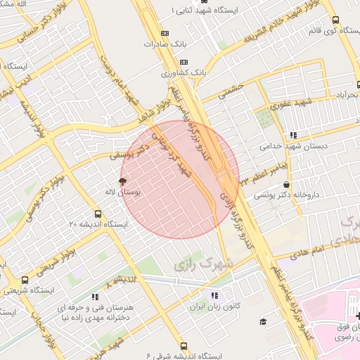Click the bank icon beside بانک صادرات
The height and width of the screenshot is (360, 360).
click(x=165, y=32)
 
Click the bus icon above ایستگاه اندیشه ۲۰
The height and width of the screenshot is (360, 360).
click(x=98, y=214)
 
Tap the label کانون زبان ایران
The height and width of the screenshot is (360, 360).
click(x=214, y=307)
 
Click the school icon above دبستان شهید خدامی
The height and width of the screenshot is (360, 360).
click(x=293, y=136)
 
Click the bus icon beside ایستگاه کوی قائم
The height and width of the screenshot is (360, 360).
click(x=335, y=20)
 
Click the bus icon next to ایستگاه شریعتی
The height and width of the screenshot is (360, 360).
click(x=25, y=280)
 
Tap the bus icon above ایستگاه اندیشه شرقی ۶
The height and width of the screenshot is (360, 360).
click(x=184, y=346)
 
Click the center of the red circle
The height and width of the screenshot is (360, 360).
click(x=180, y=180)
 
